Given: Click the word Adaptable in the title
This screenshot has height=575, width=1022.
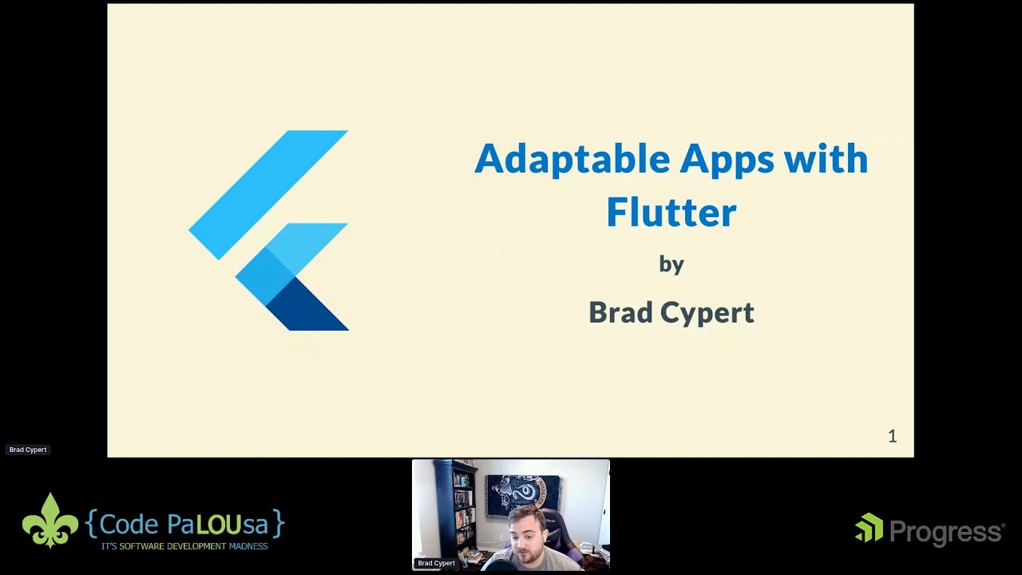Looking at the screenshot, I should click(572, 159).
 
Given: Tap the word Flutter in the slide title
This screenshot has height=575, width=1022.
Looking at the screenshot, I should click(671, 212).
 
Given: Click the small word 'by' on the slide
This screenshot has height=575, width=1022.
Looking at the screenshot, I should click(671, 264).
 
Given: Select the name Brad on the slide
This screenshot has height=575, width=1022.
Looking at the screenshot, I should click(620, 312).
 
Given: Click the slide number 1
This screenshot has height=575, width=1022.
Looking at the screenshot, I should click(892, 436).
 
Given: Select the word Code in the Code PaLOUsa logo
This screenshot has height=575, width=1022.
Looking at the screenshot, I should click(129, 525).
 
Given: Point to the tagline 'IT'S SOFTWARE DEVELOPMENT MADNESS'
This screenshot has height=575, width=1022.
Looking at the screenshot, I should click(184, 546).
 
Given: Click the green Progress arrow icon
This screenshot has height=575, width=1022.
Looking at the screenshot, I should click(869, 528).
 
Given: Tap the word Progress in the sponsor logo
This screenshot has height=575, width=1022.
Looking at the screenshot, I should click(946, 532).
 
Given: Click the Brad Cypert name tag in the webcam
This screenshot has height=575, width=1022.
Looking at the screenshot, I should click(436, 563).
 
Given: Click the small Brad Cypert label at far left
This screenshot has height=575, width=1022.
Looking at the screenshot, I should click(28, 450).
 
